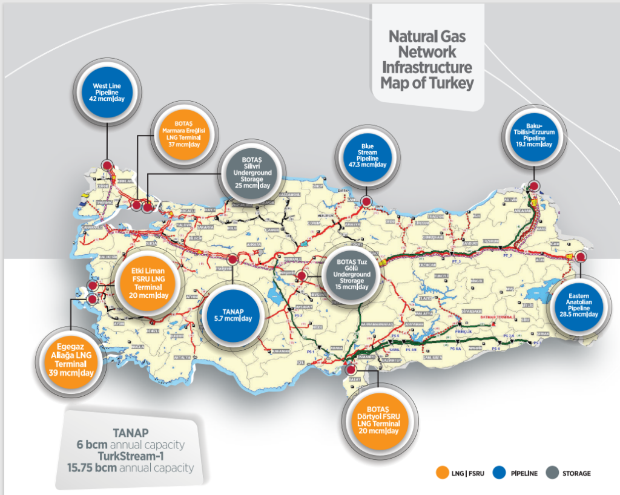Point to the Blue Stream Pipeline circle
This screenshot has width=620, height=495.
coord(367,157)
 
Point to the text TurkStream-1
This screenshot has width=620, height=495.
coord(130,456)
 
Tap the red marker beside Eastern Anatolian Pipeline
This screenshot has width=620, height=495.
coord(581,257)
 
